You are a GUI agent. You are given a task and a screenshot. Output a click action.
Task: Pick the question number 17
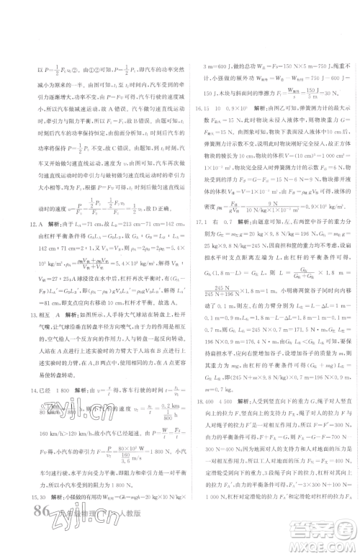click(197, 243)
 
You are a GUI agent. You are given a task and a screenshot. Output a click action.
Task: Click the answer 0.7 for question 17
click(226, 243)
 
